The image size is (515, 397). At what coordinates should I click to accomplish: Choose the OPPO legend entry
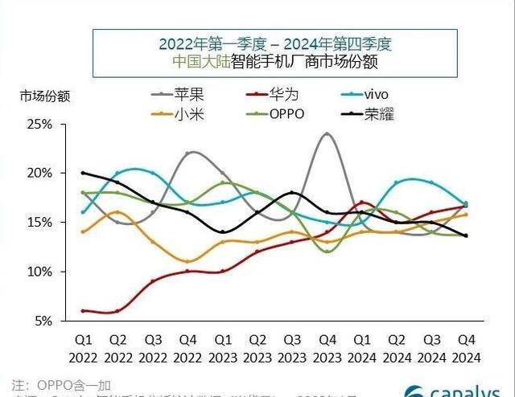[286, 113]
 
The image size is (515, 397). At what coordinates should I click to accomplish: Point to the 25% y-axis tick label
[39, 125]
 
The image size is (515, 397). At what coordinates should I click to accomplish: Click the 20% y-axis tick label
[39, 174]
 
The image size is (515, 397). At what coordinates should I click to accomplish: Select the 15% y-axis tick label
[39, 223]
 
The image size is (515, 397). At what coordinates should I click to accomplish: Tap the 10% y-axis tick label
[39, 272]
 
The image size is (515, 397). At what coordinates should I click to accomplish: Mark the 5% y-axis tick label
[42, 321]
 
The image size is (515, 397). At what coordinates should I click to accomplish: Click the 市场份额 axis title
[46, 96]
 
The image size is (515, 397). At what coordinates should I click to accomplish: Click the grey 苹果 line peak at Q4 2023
[326, 133]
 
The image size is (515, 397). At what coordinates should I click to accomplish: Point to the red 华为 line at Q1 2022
[83, 310]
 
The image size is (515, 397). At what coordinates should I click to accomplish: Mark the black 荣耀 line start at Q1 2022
[83, 173]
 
